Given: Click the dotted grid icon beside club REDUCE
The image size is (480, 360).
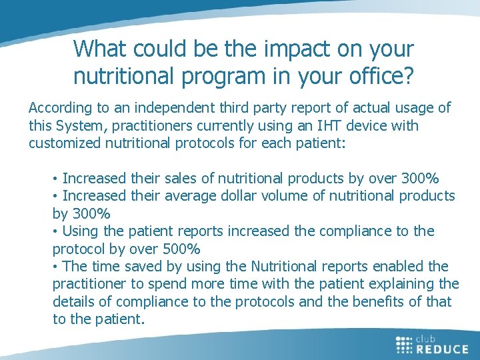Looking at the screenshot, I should (x=404, y=344).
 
